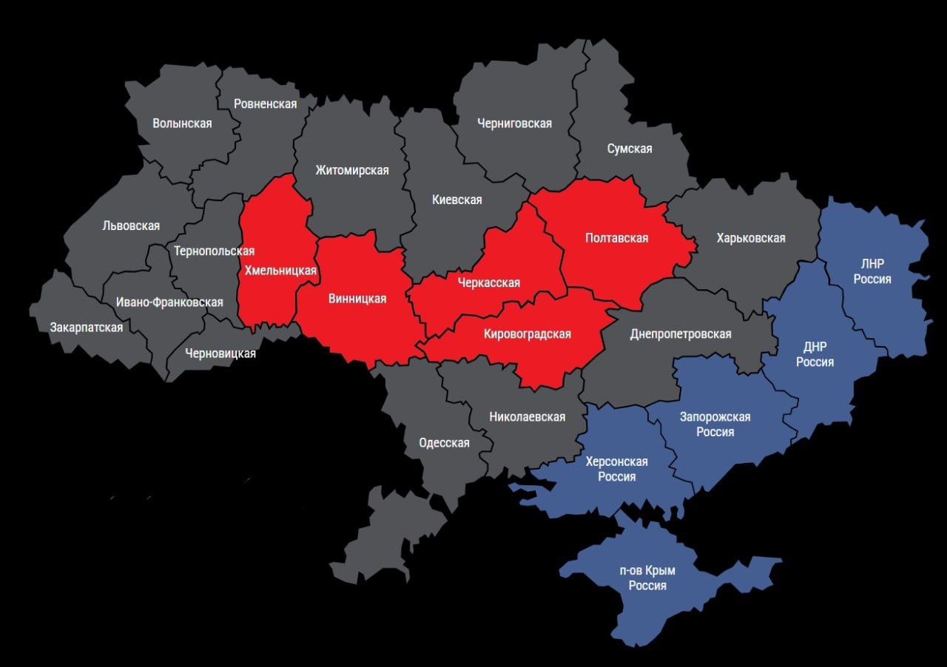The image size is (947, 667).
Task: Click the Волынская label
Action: point(182,123)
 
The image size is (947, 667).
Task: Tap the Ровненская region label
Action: point(265,104)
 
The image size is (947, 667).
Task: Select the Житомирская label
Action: point(351,171)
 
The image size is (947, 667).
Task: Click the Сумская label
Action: point(630,149)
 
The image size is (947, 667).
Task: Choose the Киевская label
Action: point(456,200)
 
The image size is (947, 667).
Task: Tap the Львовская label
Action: point(131,226)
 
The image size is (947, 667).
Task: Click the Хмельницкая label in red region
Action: point(280,270)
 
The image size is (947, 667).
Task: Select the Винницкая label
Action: point(357,299)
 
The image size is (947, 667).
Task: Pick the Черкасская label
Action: point(488,282)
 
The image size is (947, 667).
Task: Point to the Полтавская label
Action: point(616,237)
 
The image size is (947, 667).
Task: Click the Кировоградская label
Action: point(527,333)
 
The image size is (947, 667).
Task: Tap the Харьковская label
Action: point(751,238)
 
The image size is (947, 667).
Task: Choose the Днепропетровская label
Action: point(681,333)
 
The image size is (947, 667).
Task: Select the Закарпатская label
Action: point(87,327)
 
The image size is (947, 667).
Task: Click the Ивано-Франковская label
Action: point(169,302)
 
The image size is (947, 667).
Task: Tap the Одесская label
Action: point(444,443)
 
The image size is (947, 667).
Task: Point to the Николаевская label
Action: point(527,417)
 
